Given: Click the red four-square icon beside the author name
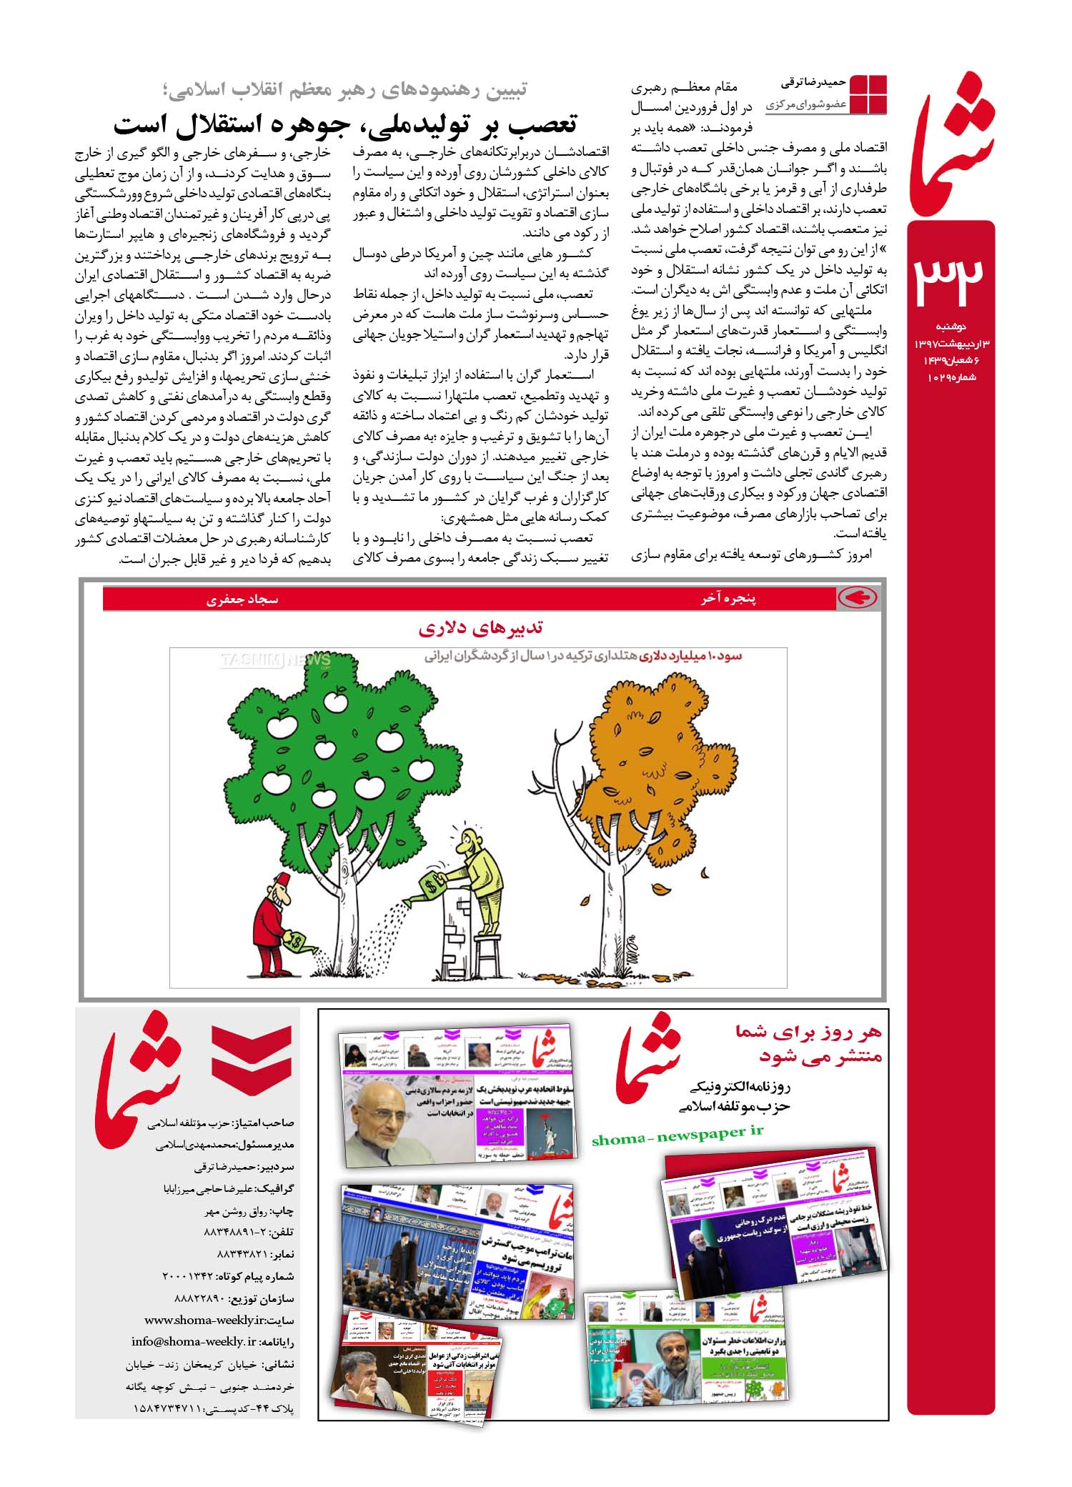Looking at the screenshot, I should click(x=868, y=94).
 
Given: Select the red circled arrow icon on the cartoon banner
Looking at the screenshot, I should click(x=858, y=599).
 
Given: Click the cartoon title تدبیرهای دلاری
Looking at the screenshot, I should click(x=480, y=629).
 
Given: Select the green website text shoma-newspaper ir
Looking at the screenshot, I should click(x=678, y=1134).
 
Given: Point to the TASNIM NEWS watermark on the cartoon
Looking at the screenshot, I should click(x=275, y=659).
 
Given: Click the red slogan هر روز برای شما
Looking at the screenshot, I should click(x=809, y=1031).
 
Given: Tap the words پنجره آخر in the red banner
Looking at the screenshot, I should click(x=728, y=599).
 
